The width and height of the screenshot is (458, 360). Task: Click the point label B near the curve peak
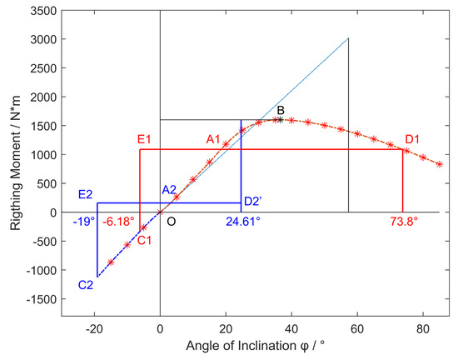(x=281, y=110)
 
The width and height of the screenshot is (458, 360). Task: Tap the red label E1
(x=144, y=139)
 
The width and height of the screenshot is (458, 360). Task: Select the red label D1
(x=412, y=139)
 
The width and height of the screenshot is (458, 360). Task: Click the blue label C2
(x=86, y=285)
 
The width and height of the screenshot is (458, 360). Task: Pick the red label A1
(x=213, y=138)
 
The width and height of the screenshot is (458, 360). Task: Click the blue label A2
(x=169, y=190)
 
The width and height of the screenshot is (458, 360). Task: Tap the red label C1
(x=144, y=241)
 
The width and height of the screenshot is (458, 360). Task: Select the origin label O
(x=171, y=222)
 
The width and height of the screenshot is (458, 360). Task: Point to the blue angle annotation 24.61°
(x=243, y=222)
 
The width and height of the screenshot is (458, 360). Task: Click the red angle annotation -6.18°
(x=117, y=222)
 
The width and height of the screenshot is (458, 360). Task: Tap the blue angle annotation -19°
(x=85, y=222)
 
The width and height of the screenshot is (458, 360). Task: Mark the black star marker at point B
(x=279, y=120)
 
